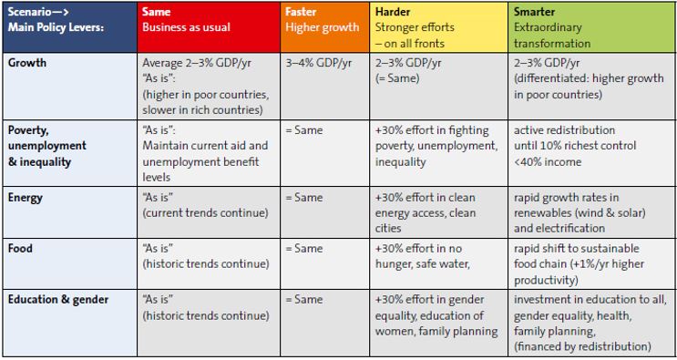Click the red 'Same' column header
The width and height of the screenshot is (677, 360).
[x=209, y=27]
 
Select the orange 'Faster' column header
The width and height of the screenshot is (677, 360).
[x=324, y=27]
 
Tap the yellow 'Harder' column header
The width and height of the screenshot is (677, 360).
[x=438, y=27]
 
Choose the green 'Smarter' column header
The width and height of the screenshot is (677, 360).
[x=591, y=27]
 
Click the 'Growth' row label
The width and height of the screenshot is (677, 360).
[x=26, y=63]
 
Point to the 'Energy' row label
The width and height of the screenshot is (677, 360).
[x=25, y=198]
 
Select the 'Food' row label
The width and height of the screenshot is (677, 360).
[x=20, y=249]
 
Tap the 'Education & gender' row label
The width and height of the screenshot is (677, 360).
[x=57, y=300]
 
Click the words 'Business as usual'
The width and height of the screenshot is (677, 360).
[x=186, y=27]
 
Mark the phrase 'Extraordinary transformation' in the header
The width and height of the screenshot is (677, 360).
[x=552, y=36]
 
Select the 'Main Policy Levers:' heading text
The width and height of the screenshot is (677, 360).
[x=56, y=27]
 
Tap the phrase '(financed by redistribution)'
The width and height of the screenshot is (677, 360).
[x=582, y=346]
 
